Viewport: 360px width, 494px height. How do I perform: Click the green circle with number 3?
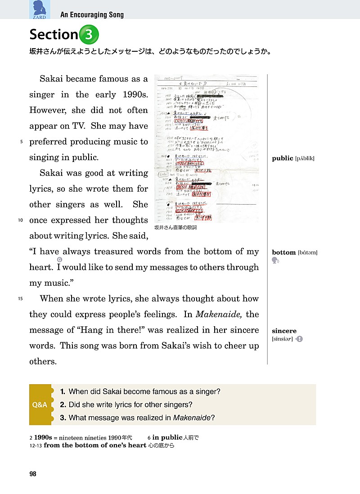(89, 34)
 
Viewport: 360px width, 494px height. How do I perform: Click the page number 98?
(32, 474)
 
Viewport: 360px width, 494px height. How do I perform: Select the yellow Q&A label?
(40, 404)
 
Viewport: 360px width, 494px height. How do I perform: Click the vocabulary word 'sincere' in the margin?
(284, 331)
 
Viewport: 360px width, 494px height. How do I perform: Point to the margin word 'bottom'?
(283, 252)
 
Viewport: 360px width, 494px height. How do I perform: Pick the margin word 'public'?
(282, 158)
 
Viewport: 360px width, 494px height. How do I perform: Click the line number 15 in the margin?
(20, 299)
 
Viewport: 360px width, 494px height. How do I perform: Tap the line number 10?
(20, 220)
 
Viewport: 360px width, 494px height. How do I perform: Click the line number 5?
(21, 142)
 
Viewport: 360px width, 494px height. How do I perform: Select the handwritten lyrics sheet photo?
(206, 148)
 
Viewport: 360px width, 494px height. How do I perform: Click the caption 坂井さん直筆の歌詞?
(175, 228)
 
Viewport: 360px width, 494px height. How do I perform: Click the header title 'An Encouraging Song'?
(92, 15)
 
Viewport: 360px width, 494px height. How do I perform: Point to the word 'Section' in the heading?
(53, 34)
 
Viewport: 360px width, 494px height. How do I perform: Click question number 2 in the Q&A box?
(63, 404)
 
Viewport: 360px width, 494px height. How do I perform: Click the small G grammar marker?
(59, 260)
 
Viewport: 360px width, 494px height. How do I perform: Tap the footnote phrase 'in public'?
(167, 437)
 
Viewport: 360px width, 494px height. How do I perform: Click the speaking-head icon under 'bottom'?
(275, 260)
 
